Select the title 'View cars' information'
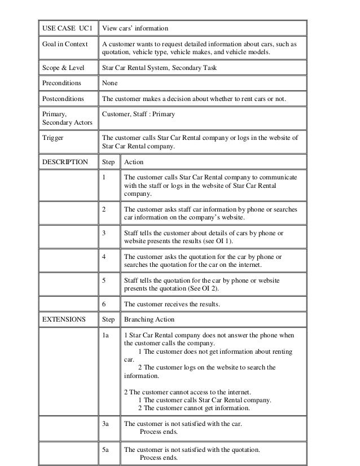click(x=134, y=28)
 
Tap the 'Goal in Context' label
click(x=63, y=45)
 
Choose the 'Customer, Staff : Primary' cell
click(x=138, y=115)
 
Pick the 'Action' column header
click(x=134, y=162)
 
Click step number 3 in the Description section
click(x=104, y=232)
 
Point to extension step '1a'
click(x=106, y=335)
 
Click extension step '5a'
click(x=106, y=450)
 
